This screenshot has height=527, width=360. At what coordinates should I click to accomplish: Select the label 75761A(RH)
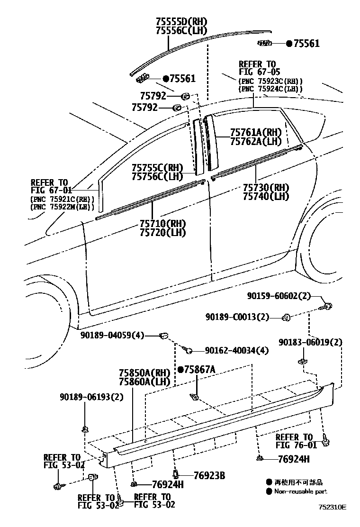pyautogui.click(x=256, y=132)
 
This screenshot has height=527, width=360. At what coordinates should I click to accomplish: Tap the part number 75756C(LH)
pyautogui.click(x=157, y=176)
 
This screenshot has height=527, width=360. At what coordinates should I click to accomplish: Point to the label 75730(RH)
pyautogui.click(x=266, y=187)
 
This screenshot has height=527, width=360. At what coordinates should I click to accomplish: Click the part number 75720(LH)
pyautogui.click(x=162, y=232)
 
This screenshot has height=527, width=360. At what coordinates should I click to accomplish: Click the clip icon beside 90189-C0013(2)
pyautogui.click(x=286, y=317)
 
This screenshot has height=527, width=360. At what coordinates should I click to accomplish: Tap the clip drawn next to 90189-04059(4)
pyautogui.click(x=164, y=336)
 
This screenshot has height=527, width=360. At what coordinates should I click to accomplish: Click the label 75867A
pyautogui.click(x=199, y=369)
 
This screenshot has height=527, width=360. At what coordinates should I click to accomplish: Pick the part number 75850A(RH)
pyautogui.click(x=144, y=373)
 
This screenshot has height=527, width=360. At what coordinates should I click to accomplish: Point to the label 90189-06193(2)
pyautogui.click(x=91, y=397)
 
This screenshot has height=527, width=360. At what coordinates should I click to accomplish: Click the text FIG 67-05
pyautogui.click(x=257, y=73)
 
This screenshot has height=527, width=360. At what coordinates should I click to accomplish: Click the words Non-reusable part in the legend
pyautogui.click(x=301, y=491)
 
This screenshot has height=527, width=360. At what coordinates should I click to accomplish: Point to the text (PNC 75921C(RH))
pyautogui.click(x=63, y=199)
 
